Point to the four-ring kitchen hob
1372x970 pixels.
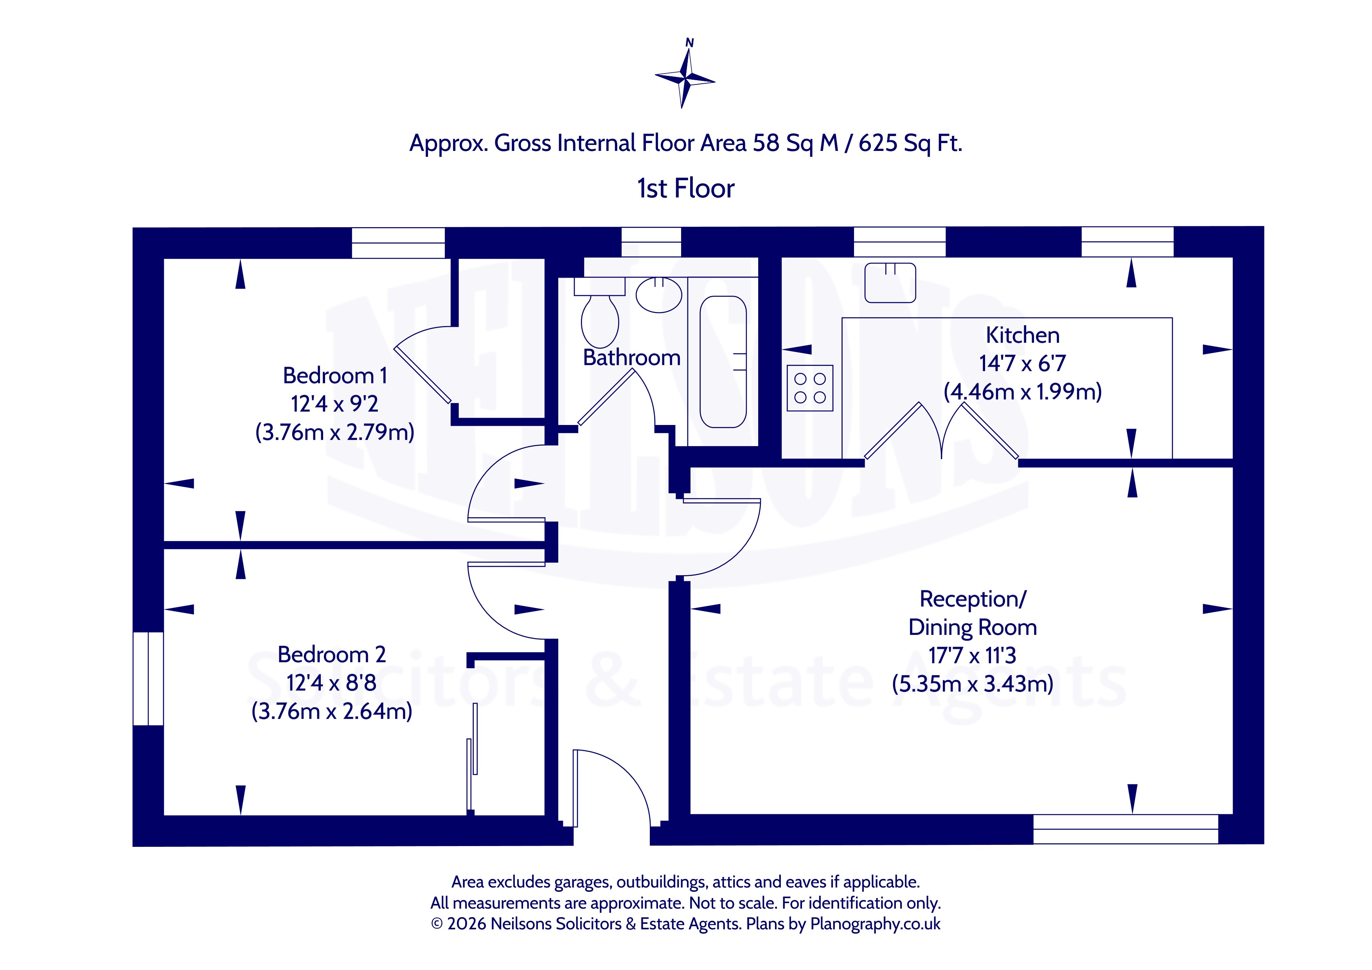tap(810, 387)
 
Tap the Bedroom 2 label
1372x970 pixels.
tap(332, 654)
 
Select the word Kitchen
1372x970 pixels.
tap(1022, 335)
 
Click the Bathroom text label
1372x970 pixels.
tap(632, 358)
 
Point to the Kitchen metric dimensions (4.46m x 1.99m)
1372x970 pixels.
tap(1022, 392)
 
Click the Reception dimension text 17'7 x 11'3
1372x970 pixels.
tap(972, 655)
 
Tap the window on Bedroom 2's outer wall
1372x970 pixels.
tap(147, 678)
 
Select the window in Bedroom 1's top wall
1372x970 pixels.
tap(398, 243)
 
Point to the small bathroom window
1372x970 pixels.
tap(651, 242)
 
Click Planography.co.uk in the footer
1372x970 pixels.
tap(875, 924)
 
